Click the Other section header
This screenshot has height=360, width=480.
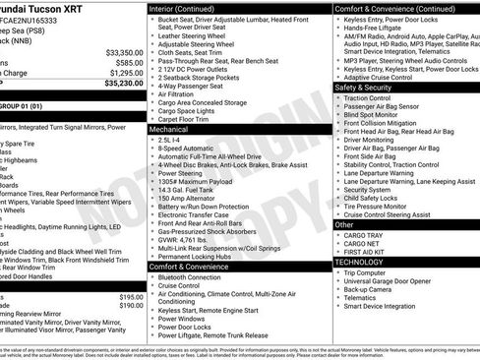(x=344, y=224)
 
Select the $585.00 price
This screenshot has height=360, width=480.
(x=127, y=63)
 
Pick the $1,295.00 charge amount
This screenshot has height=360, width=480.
(x=125, y=73)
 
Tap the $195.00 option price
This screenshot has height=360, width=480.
(x=131, y=296)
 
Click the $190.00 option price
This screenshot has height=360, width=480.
(x=131, y=306)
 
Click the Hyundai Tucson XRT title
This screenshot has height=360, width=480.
(x=51, y=8)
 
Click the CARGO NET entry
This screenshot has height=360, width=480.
(x=364, y=244)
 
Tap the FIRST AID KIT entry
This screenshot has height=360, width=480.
(x=369, y=253)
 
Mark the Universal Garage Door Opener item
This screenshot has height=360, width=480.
(x=398, y=281)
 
